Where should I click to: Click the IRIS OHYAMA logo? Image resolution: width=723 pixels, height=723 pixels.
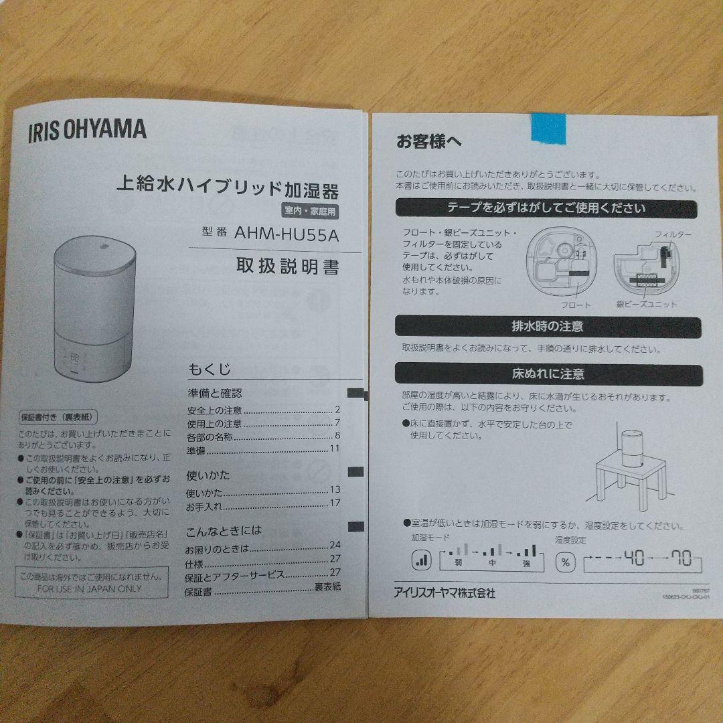(87, 129)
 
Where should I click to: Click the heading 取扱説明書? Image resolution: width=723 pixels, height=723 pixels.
(287, 266)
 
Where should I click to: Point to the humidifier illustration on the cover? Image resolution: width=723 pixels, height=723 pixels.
(96, 305)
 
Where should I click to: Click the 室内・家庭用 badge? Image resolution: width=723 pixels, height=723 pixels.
(310, 210)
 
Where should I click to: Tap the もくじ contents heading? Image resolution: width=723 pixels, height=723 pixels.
(209, 369)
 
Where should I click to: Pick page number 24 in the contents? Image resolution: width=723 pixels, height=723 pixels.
(335, 545)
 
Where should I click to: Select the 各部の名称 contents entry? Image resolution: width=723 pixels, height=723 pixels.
(211, 436)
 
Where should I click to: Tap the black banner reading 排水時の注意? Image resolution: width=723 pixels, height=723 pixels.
(548, 327)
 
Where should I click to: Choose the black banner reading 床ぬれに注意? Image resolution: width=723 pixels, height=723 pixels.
(548, 374)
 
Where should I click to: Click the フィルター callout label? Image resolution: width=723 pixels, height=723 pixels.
(673, 234)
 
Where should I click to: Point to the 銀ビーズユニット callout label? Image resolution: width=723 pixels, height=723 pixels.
(647, 304)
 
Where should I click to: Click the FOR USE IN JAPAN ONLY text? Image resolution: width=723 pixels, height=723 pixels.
(90, 588)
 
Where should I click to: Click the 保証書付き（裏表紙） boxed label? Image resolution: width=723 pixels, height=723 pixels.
(59, 416)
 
